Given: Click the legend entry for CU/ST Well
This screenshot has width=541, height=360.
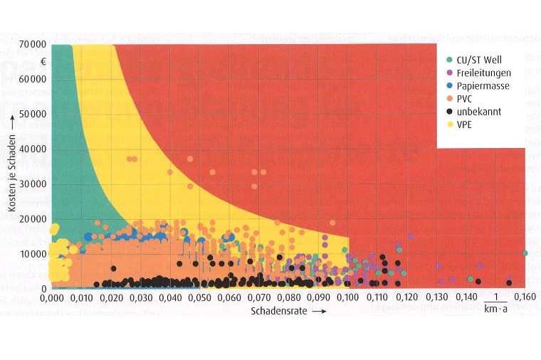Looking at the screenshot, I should [473, 58].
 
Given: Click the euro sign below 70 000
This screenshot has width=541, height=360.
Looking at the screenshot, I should [44, 61].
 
